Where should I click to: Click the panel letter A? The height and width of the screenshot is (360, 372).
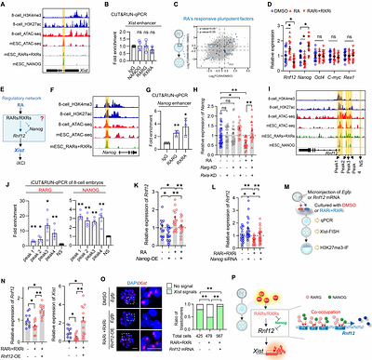4,5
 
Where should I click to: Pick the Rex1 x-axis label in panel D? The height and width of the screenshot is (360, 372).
357,76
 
